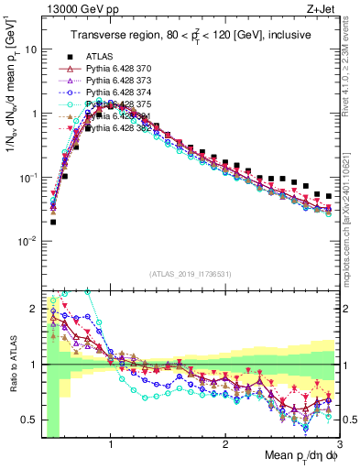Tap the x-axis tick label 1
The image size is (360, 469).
111,442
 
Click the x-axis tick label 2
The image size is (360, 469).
225,442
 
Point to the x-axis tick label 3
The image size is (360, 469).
338,442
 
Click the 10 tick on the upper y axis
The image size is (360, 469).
31,49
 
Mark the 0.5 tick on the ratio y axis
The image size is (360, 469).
28,420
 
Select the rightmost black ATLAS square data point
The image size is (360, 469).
329,195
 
